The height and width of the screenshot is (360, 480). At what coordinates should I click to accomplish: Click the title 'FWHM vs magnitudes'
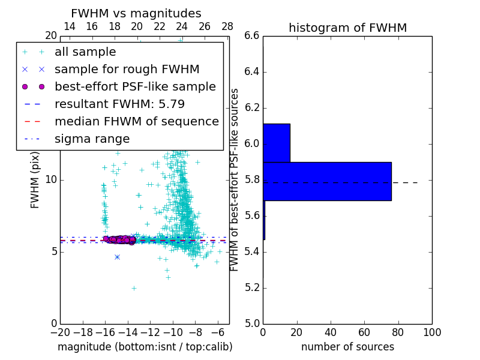pos(136,13)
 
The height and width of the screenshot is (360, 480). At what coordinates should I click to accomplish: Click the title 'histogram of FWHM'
pos(347,28)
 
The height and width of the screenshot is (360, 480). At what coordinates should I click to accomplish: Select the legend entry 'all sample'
pos(85,52)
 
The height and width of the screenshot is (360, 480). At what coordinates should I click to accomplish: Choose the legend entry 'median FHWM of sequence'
pos(136,122)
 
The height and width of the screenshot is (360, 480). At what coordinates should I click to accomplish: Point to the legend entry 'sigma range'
pos(92,139)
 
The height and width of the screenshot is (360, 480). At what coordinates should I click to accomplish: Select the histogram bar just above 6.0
pos(277,143)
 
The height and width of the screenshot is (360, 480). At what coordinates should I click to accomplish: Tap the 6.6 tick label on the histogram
pos(252,36)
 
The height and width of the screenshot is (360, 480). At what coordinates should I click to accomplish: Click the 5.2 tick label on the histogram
pos(252,287)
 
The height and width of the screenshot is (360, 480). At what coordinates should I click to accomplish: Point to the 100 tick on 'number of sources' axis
pos(432,332)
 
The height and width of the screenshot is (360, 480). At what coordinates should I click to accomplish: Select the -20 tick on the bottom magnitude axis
pos(60,332)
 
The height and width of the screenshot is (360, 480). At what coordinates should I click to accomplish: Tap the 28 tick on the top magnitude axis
pos(227,26)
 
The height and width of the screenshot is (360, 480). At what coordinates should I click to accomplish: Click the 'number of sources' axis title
pos(347,347)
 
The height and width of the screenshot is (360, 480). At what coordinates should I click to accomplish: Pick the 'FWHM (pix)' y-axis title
pos(35,180)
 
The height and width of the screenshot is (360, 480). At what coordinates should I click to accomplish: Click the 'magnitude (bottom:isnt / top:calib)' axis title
pos(145,347)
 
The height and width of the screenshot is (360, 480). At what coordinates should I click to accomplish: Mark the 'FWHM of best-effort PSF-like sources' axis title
pos(235,180)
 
